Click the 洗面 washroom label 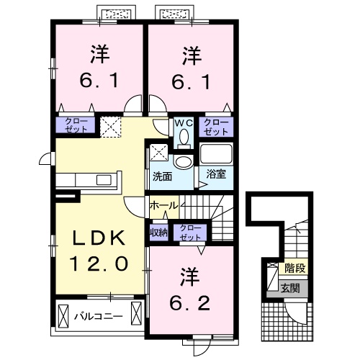pos(161,175)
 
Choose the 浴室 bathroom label pos(215,174)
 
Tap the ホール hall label pos(163,206)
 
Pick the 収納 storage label pos(159,232)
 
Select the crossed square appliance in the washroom pos(158,153)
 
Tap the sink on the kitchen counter pos(100,179)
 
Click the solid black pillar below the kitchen pos(66,194)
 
